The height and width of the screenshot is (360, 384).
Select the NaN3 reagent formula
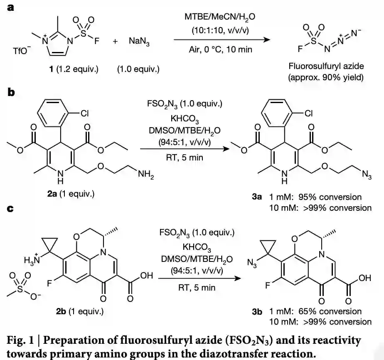click(139, 41)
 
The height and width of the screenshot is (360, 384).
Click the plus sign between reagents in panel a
click(115, 41)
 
